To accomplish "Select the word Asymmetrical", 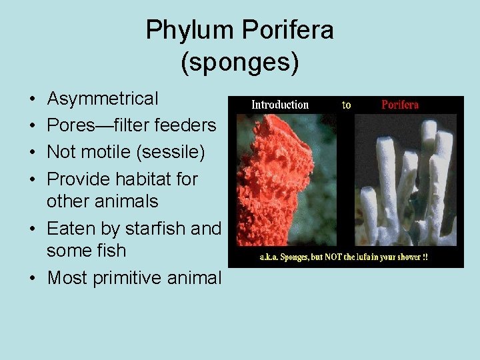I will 103,99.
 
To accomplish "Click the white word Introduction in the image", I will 279,105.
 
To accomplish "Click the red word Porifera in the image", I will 399,105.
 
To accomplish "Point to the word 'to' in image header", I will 347,105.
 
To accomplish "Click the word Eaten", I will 71,228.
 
